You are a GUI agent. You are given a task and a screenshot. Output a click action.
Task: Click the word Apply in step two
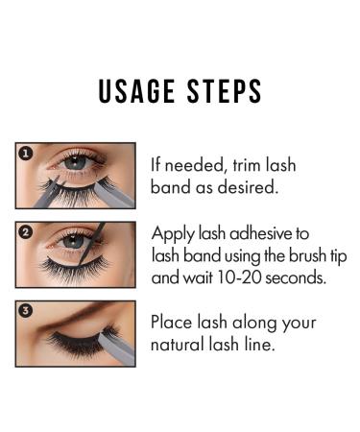click(x=174, y=233)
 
